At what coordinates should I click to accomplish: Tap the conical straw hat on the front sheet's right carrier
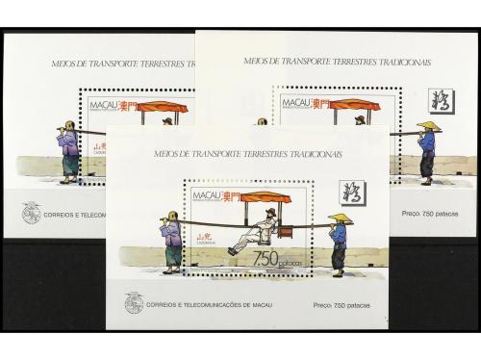pos(340,219)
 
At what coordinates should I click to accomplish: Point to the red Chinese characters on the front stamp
pos(231,196)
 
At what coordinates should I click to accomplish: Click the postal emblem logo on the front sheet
pos(133,301)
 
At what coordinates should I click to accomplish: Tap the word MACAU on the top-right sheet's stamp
pos(291,101)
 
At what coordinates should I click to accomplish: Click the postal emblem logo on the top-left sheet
pos(31,212)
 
